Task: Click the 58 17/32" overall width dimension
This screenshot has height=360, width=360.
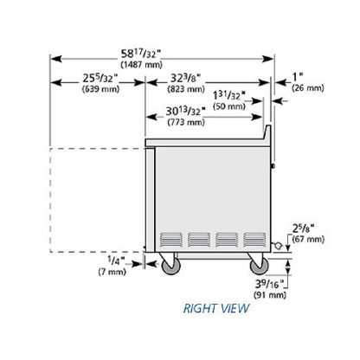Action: (x=141, y=54)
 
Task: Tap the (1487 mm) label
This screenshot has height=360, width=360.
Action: (x=141, y=64)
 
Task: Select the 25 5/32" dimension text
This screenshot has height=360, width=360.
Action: (x=100, y=78)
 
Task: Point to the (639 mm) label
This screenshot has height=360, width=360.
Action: (x=100, y=89)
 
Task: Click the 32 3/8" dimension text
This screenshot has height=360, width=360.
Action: (x=185, y=78)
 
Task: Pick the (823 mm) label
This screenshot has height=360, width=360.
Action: (x=186, y=89)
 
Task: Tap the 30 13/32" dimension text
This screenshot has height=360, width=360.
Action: (x=185, y=111)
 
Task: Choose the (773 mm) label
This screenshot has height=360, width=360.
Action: (x=186, y=122)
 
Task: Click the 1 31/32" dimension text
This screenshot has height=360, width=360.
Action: (x=229, y=95)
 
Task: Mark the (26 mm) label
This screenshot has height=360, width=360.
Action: (x=308, y=87)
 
